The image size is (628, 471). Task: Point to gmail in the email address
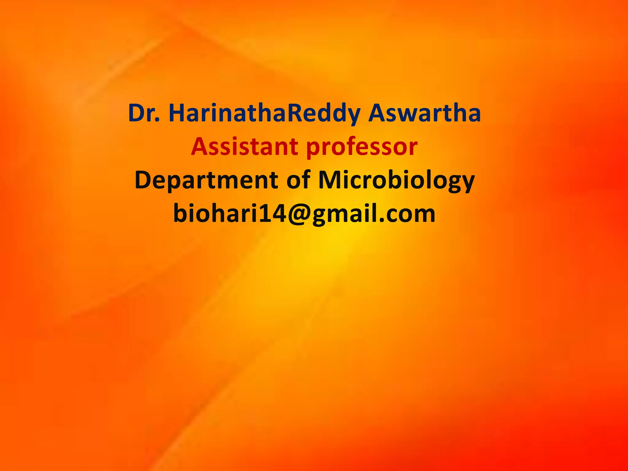345,214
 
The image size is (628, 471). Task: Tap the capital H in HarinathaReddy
177,113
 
